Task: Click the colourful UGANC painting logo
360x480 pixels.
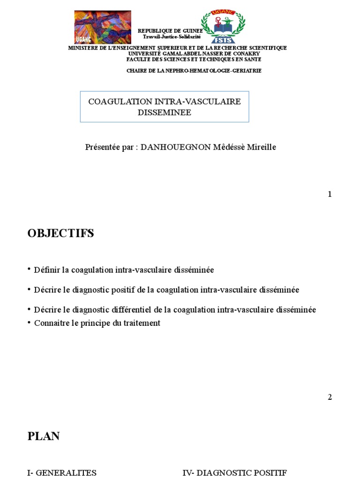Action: click(x=103, y=27)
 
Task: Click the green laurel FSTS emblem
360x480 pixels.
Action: click(x=223, y=27)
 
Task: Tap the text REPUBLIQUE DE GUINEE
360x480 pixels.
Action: click(x=170, y=30)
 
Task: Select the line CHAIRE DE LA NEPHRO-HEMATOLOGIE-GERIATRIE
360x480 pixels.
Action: click(x=194, y=70)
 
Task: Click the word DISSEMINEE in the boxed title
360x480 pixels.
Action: click(x=164, y=112)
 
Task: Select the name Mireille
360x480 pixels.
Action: click(x=261, y=147)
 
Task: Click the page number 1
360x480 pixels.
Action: click(x=330, y=194)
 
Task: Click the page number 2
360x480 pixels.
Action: click(x=330, y=397)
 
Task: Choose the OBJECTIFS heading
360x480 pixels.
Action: click(x=61, y=233)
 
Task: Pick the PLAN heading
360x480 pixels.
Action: click(x=44, y=436)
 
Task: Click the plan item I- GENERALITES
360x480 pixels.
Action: click(x=62, y=473)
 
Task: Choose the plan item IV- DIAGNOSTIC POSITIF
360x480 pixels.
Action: click(x=234, y=473)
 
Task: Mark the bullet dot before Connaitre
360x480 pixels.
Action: click(x=29, y=322)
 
